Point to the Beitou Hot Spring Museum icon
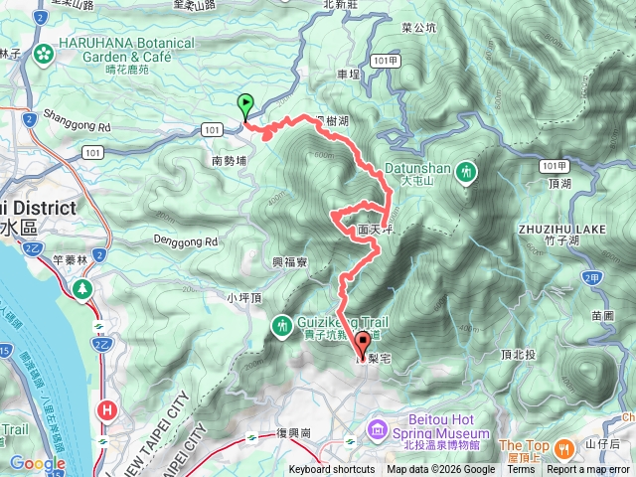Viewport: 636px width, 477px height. point(378,430)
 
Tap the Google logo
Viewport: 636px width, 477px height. point(37,463)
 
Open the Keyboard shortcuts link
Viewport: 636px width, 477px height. point(332,470)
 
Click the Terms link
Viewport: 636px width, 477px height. point(520,470)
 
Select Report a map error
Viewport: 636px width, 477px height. point(589,470)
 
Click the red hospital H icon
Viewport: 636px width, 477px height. point(104,407)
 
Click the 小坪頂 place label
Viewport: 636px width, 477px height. point(243,297)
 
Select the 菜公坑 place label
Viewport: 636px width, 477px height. point(418,29)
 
